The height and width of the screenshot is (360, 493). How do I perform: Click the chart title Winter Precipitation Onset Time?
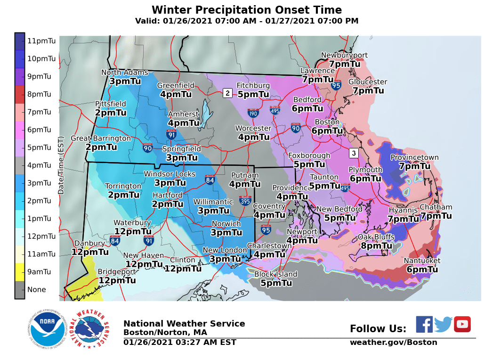[246, 10]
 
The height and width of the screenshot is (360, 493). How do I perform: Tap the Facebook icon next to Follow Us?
[424, 324]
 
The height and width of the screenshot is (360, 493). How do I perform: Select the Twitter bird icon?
[443, 324]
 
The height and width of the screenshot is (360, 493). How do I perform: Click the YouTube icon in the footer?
[462, 324]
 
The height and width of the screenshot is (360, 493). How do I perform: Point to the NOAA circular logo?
[46, 329]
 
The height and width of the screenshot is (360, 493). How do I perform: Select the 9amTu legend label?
[39, 272]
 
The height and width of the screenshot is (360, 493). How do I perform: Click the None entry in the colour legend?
[36, 289]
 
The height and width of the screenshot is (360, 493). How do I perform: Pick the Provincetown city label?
[414, 158]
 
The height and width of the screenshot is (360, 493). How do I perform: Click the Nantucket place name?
[422, 261]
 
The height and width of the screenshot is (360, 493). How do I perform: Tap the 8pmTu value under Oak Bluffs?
[376, 245]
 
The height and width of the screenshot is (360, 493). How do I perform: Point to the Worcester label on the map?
[254, 128]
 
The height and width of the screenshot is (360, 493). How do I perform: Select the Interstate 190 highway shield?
[253, 113]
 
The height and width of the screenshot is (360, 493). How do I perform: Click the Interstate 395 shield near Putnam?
[244, 201]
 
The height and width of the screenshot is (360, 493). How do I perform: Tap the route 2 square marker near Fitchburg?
[227, 93]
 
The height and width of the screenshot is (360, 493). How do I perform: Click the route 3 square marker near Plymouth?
[354, 153]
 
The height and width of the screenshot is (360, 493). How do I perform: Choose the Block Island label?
[276, 274]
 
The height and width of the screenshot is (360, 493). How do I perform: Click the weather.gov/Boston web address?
[393, 343]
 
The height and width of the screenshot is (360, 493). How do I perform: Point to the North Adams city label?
[125, 73]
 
